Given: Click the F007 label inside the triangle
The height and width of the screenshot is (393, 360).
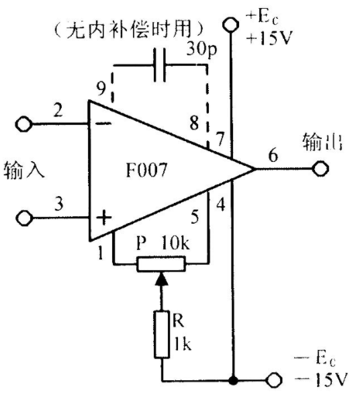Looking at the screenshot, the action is click(146, 170).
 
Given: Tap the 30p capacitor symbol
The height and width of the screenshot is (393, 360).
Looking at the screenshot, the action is click(160, 65).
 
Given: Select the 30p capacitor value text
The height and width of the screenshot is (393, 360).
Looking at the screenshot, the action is click(201, 49).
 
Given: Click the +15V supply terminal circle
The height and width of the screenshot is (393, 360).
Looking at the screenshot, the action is click(230, 24).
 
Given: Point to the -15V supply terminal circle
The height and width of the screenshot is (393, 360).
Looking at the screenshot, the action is click(274, 381).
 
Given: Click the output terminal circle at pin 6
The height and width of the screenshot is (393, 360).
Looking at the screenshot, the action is click(320, 169).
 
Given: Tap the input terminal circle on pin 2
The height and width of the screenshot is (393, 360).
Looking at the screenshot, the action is click(24, 124).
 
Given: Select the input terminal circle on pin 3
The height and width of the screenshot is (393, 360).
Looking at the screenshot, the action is click(24, 218).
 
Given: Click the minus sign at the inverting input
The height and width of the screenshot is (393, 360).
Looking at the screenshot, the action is click(103, 124).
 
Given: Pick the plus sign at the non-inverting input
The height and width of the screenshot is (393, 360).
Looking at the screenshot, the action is click(103, 217).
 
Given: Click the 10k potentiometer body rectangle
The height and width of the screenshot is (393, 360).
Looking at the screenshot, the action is click(161, 263).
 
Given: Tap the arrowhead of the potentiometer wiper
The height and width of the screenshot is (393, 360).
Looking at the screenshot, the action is click(161, 279).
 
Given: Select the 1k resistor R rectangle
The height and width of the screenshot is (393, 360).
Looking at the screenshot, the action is click(161, 335).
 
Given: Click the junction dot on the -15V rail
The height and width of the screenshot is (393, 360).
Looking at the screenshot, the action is click(233, 381).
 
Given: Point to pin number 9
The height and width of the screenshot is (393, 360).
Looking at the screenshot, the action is click(101, 89).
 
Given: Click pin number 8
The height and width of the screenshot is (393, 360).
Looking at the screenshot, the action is click(194, 123).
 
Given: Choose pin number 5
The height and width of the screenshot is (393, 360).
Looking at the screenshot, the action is click(195, 216).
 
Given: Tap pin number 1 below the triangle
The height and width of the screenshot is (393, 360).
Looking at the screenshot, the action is click(101, 253).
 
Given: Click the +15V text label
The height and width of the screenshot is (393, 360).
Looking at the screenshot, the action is click(269, 38).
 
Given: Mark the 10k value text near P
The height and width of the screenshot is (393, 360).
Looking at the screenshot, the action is click(175, 243).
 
